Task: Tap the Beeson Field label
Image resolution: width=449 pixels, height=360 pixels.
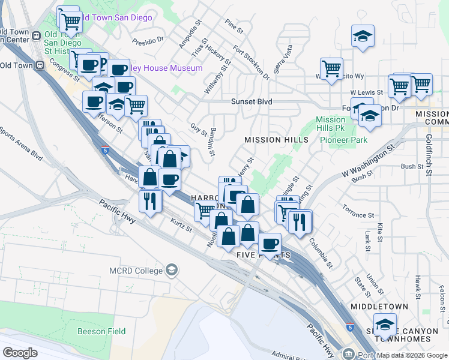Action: [102, 331]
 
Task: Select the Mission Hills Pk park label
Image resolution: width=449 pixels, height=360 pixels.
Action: [331, 124]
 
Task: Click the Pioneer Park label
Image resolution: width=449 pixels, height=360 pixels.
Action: [343, 140]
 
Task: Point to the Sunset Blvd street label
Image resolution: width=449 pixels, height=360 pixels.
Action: [252, 101]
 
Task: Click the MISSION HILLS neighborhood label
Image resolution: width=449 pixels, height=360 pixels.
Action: [276, 140]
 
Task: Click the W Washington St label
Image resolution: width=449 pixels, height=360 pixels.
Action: [368, 158]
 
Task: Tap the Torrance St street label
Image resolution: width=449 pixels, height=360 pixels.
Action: [358, 214]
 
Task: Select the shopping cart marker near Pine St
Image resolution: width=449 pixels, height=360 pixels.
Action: [331, 69]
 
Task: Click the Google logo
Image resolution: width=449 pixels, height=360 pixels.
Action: [20, 352]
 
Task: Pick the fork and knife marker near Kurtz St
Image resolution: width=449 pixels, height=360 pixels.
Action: [150, 200]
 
